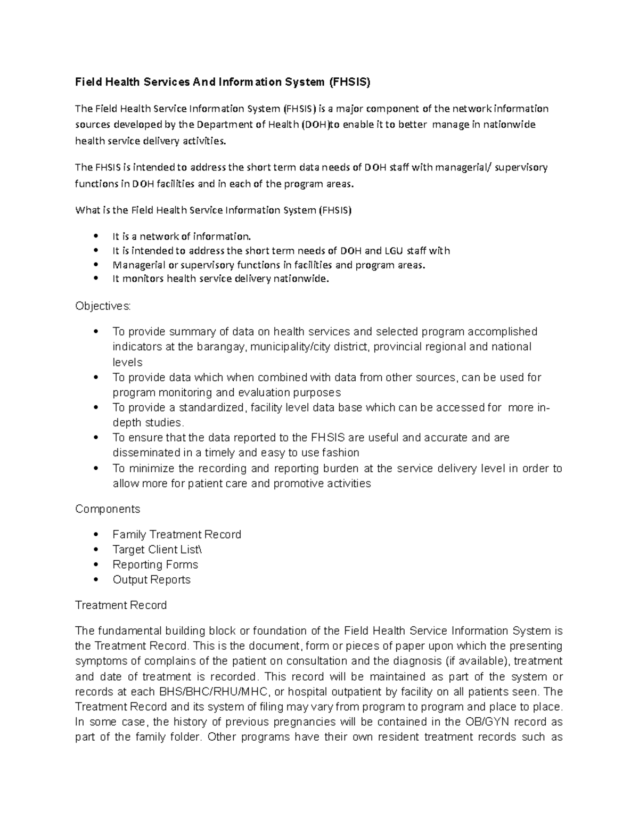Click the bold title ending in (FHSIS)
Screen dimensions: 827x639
coord(222,82)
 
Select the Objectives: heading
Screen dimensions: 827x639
coord(103,306)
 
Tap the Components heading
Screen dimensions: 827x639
coord(108,509)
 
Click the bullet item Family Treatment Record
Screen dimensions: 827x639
coord(177,535)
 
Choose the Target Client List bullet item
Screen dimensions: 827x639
coord(158,550)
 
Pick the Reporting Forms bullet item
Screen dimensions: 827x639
coord(155,564)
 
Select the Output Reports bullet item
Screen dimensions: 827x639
coord(151,580)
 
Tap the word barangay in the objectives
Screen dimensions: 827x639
coord(222,347)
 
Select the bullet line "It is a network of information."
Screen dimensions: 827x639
coord(181,236)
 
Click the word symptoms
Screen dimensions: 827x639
coord(101,662)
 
